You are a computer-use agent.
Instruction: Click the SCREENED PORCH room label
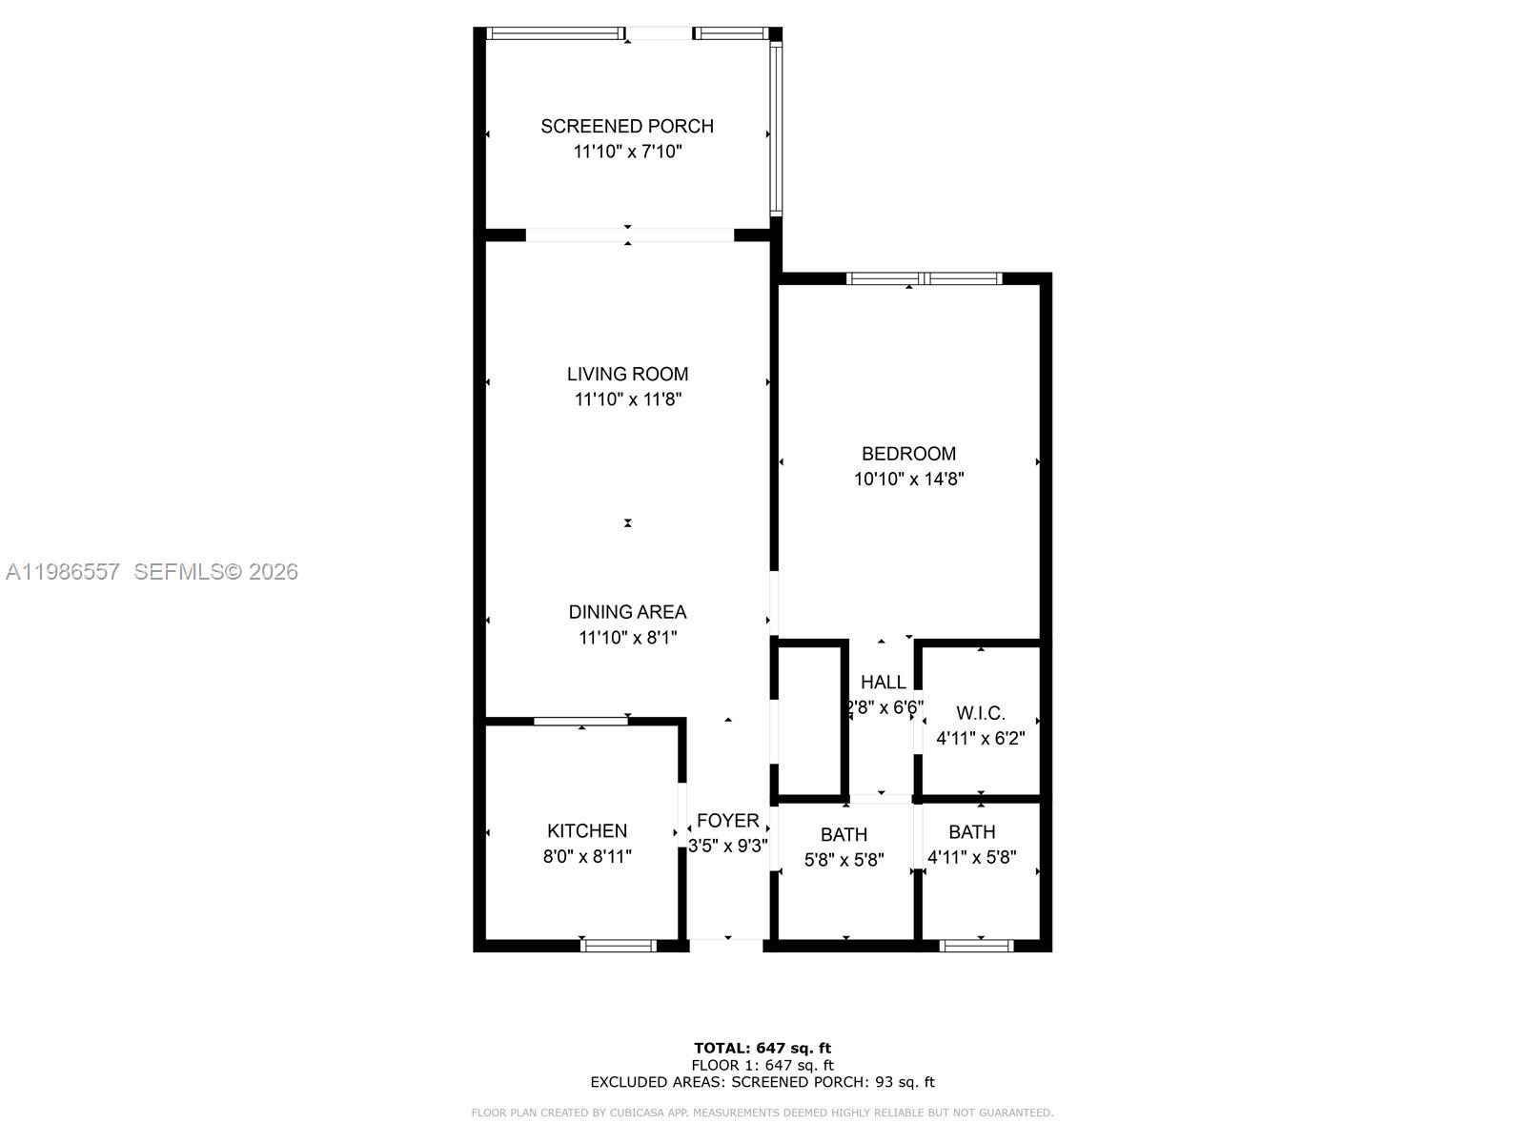pos(626,126)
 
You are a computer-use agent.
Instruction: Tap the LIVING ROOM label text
pos(627,375)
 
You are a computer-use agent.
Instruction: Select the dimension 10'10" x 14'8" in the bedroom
pos(908,480)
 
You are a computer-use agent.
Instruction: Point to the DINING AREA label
pos(627,612)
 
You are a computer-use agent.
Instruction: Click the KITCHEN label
pos(586,831)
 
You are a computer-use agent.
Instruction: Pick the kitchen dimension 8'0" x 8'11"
pos(586,857)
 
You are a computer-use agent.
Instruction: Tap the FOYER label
pos(727,821)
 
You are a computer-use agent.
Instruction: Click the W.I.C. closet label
pos(980,713)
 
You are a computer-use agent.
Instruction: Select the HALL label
pos(883,683)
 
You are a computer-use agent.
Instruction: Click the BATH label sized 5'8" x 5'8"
pos(844,835)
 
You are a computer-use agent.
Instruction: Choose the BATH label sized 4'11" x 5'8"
pos(971,832)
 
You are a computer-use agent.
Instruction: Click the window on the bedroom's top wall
pos(924,278)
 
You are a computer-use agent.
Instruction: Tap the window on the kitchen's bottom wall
pos(619,946)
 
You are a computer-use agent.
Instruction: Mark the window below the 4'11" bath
pos(976,946)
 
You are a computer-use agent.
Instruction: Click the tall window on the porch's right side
pos(776,129)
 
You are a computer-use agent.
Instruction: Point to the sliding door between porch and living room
pos(629,235)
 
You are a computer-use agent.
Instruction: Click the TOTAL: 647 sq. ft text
pos(762,1049)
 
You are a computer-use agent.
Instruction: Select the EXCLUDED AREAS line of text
pos(762,1082)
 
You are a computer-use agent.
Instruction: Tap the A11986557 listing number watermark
pos(63,572)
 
